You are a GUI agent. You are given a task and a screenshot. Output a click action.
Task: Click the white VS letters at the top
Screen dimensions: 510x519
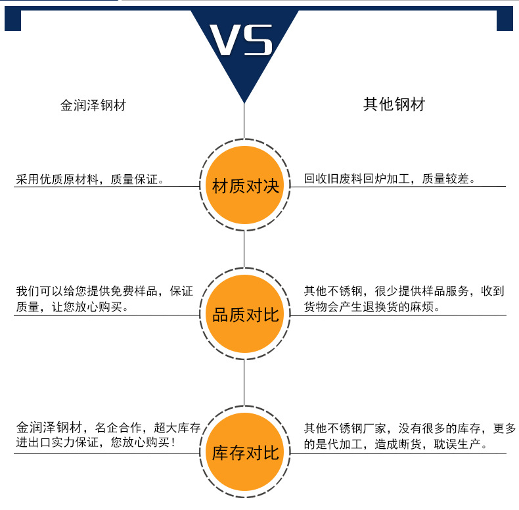pos(244,41)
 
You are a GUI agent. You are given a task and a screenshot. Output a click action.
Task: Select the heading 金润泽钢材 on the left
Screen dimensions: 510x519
pos(93,106)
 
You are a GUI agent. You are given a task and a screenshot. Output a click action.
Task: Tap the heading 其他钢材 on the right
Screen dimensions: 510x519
pos(394,104)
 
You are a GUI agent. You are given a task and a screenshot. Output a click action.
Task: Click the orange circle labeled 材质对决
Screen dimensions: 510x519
pos(244,187)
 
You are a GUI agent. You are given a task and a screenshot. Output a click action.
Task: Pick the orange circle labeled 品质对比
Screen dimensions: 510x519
pos(244,315)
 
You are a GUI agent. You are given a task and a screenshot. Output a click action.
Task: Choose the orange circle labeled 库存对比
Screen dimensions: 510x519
pos(244,452)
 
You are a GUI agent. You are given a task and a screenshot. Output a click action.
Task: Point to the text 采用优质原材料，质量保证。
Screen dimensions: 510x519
pos(90,179)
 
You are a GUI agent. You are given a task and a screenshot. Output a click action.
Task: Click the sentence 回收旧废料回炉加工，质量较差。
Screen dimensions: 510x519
pos(390,179)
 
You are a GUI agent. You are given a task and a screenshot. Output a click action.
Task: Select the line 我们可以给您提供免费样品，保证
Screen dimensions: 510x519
pos(104,291)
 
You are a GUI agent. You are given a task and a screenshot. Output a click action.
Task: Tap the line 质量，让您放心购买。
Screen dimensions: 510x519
pos(72,307)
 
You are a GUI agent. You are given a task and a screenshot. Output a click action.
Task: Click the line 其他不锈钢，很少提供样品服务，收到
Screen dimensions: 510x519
pos(403,291)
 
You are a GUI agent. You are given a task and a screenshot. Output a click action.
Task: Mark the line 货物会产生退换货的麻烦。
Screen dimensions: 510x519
pos(372,307)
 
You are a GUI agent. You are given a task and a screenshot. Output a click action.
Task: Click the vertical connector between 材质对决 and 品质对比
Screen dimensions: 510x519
pos(244,250)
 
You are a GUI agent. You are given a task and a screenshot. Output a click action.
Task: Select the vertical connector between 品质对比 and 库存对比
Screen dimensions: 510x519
pos(244,382)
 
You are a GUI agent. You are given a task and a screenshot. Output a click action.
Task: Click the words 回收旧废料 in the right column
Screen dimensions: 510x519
pos(330,179)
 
